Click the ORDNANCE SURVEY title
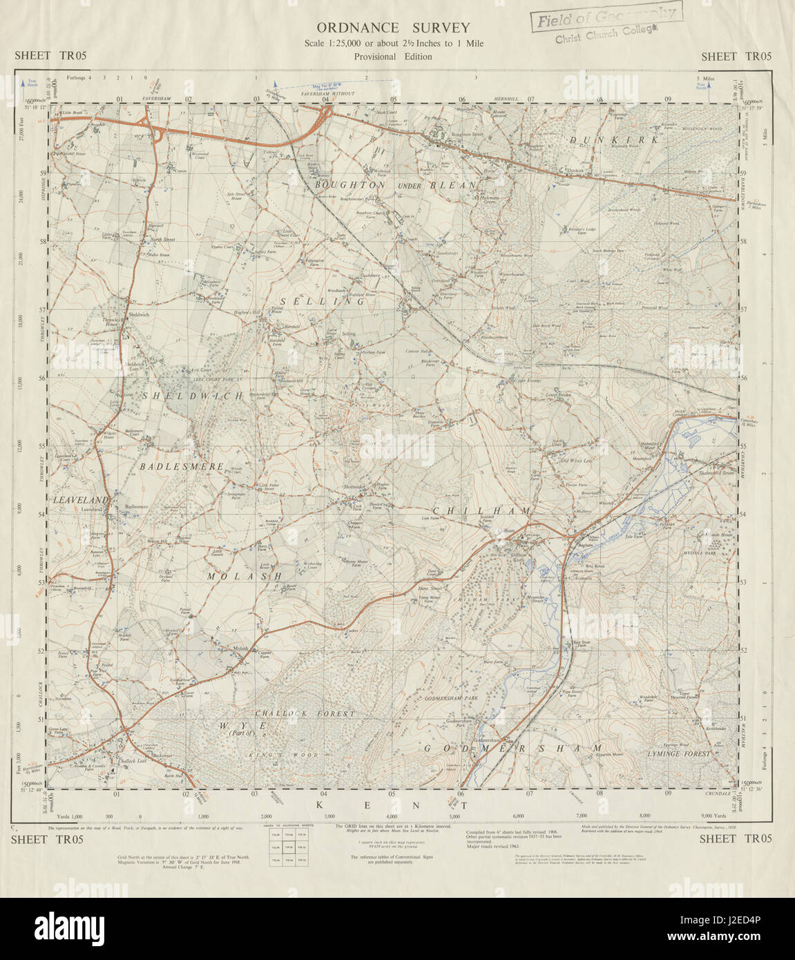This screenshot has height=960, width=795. pyautogui.click(x=393, y=28)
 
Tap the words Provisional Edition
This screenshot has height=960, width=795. pyautogui.click(x=393, y=57)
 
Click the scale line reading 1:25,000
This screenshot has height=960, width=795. pyautogui.click(x=393, y=44)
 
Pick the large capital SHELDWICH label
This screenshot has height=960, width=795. pyautogui.click(x=193, y=396)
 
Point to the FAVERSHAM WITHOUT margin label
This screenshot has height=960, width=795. pyautogui.click(x=333, y=94)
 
